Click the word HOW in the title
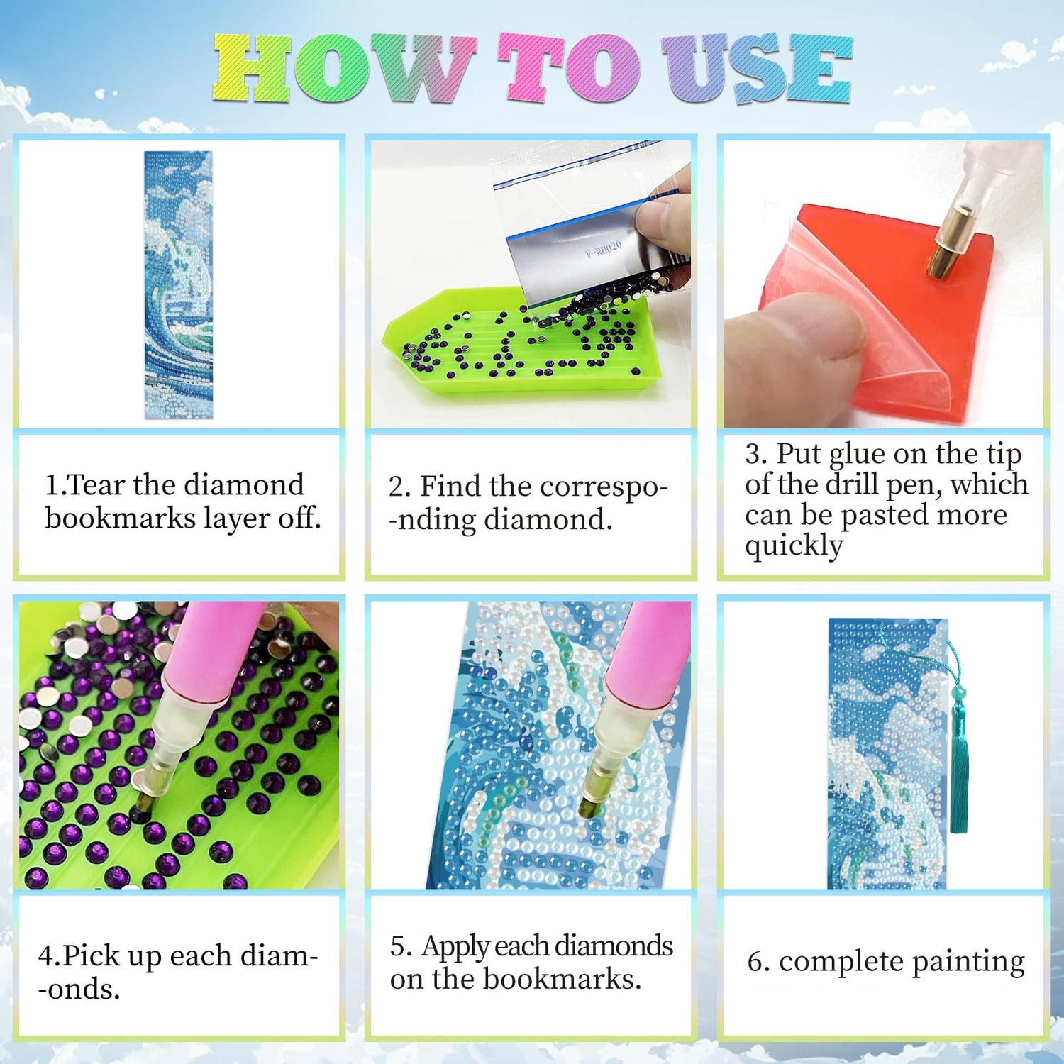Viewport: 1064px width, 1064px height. (344, 68)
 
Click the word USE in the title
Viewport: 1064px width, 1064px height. (757, 68)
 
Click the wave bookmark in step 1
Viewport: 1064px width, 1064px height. (179, 284)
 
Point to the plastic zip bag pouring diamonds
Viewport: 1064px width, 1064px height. (592, 227)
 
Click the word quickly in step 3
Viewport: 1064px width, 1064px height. (794, 547)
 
